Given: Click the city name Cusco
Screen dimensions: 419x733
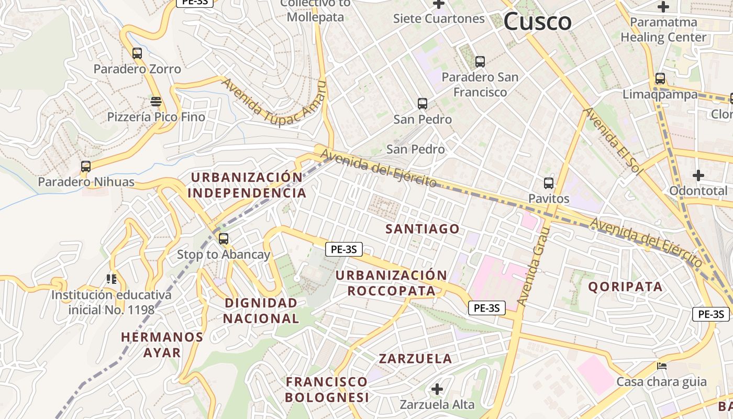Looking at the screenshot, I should coord(537,21).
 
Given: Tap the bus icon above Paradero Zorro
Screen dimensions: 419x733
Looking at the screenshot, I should coord(137,53).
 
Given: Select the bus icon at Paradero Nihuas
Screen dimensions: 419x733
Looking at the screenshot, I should coord(86,167).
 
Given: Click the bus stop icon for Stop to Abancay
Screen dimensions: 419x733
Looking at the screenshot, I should coord(224,239).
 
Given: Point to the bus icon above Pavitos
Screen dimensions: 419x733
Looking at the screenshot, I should coord(549,183).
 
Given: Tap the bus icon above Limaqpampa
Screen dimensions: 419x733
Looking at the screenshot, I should coord(660,79).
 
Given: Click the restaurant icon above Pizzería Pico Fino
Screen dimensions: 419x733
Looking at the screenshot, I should coord(156,101).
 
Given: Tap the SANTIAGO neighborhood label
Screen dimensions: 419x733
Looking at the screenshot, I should coord(423,229).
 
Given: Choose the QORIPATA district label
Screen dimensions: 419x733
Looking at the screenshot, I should coord(625,286).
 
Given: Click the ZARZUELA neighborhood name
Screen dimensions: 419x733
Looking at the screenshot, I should coord(415,359).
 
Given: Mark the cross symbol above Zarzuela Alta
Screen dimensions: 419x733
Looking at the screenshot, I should coord(437,389).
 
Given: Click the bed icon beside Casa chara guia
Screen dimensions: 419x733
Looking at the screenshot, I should coord(662,366).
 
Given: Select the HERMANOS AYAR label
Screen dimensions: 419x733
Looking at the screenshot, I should coord(162,344).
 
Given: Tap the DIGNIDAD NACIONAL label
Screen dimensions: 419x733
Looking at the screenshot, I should coord(261,310).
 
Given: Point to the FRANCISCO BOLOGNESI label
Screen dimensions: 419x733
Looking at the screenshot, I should coord(327,389).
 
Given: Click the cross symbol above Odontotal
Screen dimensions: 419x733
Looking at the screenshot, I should coord(698,175).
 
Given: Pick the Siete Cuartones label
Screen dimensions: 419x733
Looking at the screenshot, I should coord(439,19).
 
